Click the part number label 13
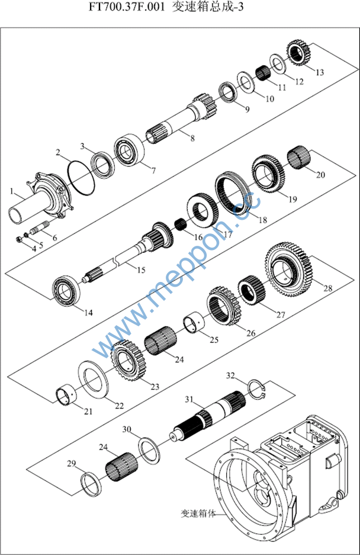click(320, 72)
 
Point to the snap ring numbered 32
click(256, 387)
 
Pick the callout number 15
click(140, 270)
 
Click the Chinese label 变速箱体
click(198, 513)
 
